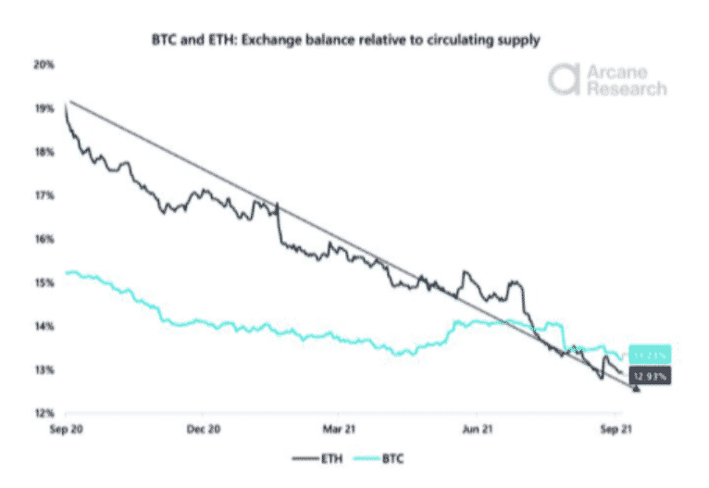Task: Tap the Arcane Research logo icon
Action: (563, 80)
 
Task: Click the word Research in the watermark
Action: (625, 89)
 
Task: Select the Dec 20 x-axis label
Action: (203, 429)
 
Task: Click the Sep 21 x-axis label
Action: (614, 429)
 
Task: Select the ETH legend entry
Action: (314, 457)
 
